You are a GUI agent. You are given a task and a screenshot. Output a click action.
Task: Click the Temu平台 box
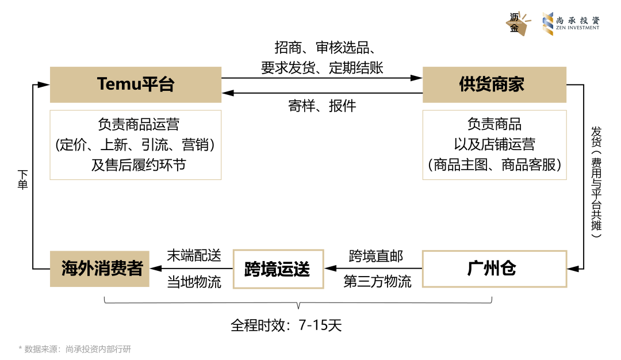point(135,85)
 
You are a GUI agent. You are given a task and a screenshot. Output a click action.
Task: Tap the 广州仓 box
point(494,269)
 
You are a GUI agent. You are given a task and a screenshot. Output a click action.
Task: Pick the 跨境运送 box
point(278,269)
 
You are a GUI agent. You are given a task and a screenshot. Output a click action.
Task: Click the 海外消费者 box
point(99,269)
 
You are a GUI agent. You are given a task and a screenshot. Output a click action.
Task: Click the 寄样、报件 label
point(322,106)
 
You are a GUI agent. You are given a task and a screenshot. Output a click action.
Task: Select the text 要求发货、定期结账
point(322,68)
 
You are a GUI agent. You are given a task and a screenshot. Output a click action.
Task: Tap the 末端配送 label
point(194,256)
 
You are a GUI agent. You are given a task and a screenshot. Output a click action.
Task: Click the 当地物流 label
point(194,282)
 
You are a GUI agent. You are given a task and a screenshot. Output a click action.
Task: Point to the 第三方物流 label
point(377,282)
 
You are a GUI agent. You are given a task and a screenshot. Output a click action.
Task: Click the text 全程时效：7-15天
point(286,325)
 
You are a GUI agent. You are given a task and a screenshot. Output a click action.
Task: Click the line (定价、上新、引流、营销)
point(135,145)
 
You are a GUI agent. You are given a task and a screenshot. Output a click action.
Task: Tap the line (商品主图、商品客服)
point(494,164)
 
